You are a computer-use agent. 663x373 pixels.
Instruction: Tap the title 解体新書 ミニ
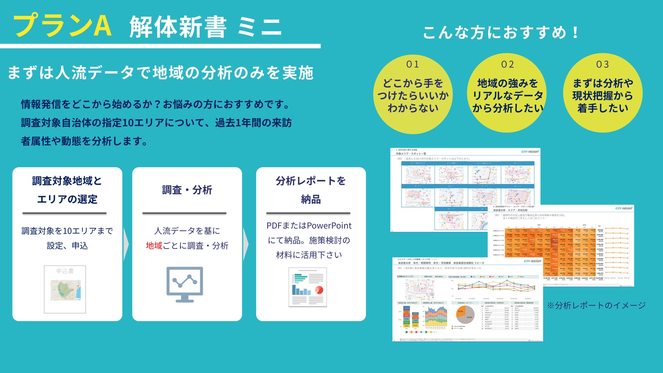pyautogui.click(x=205, y=27)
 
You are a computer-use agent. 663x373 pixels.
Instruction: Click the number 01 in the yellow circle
pyautogui.click(x=412, y=64)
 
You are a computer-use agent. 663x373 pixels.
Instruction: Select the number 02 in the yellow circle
pyautogui.click(x=507, y=64)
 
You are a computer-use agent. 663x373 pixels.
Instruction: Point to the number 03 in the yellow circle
pyautogui.click(x=602, y=64)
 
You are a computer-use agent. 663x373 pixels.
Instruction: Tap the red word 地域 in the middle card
pyautogui.click(x=154, y=245)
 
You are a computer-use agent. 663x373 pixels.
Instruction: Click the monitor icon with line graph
pyautogui.click(x=185, y=285)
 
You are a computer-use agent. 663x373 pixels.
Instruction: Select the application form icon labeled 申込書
pyautogui.click(x=65, y=289)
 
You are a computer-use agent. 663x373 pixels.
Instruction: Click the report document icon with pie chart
pyautogui.click(x=308, y=287)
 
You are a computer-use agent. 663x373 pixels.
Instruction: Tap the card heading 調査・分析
pyautogui.click(x=187, y=190)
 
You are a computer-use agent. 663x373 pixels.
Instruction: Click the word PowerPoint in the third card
pyautogui.click(x=329, y=225)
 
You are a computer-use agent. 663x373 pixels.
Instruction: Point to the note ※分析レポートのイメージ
pyautogui.click(x=596, y=305)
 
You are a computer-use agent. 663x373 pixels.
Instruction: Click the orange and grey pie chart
pyautogui.click(x=465, y=315)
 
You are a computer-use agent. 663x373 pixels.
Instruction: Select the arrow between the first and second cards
pyautogui.click(x=126, y=244)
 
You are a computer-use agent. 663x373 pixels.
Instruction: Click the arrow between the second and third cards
pyautogui.click(x=246, y=244)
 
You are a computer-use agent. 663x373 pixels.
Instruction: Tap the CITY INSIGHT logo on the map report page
pyautogui.click(x=530, y=152)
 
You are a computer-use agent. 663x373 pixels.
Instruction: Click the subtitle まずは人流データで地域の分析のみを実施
pyautogui.click(x=160, y=73)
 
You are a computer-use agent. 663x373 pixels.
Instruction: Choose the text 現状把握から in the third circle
pyautogui.click(x=602, y=96)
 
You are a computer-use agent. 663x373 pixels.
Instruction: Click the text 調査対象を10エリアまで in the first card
pyautogui.click(x=67, y=231)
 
